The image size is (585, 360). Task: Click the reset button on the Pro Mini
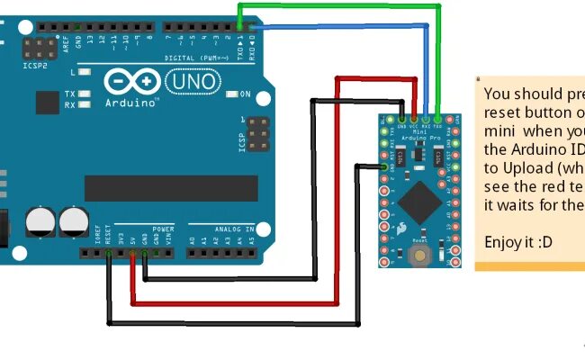[x=419, y=256]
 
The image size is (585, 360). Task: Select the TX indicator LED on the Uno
[x=83, y=94]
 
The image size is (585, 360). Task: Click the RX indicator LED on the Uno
[x=83, y=104]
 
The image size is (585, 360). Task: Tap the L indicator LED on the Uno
[x=84, y=71]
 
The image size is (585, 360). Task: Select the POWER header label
[x=162, y=229]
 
